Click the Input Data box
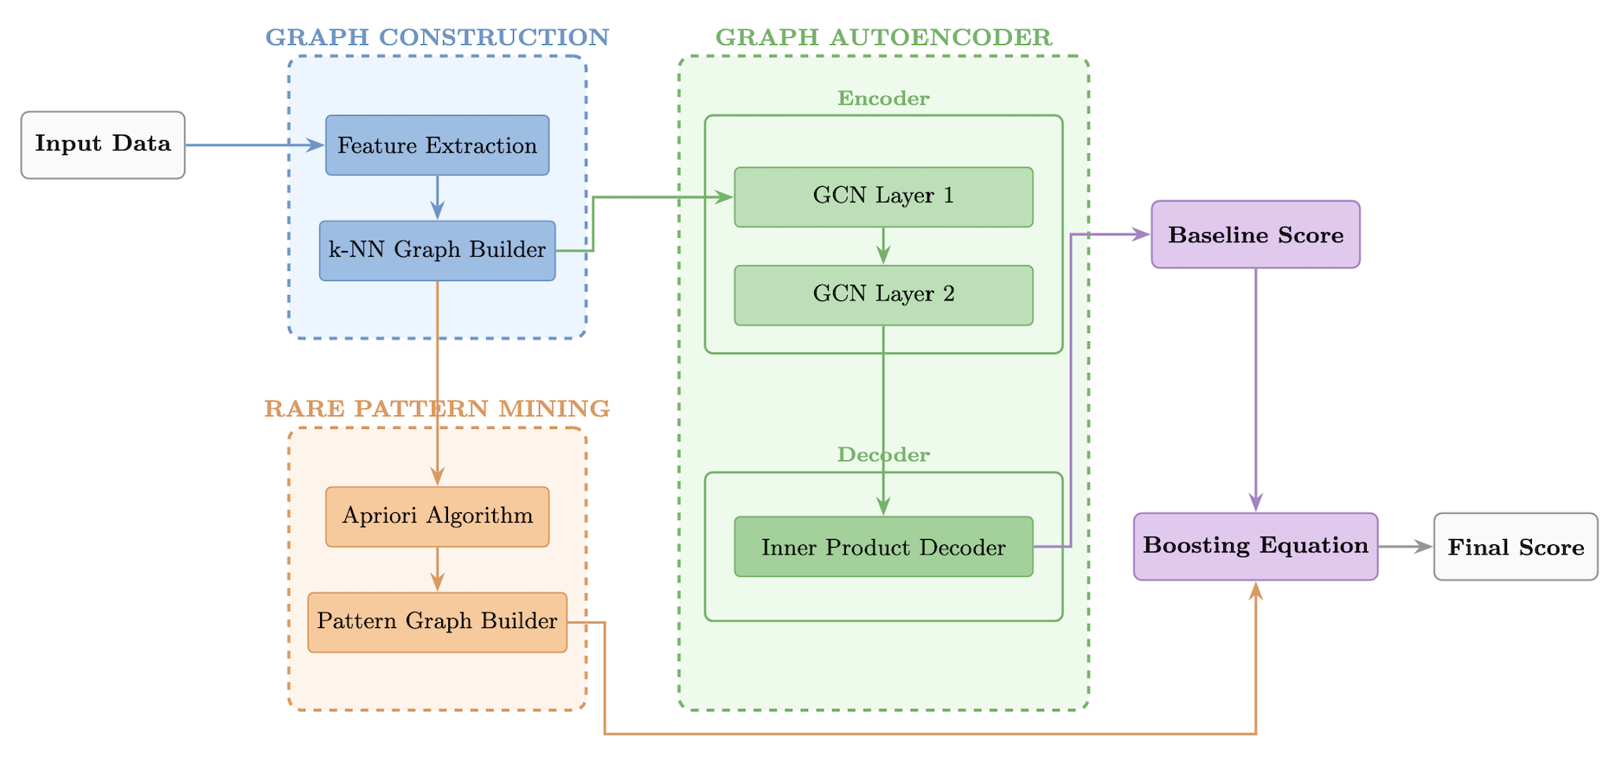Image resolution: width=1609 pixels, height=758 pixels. (103, 145)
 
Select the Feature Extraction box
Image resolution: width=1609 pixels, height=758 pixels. (437, 145)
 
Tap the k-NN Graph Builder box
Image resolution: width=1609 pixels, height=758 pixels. (437, 250)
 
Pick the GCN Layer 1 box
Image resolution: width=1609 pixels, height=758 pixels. (883, 196)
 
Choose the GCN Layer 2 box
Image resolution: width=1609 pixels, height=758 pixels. (883, 295)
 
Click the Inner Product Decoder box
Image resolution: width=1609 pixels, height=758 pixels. (883, 547)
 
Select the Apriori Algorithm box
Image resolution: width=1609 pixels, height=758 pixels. (437, 517)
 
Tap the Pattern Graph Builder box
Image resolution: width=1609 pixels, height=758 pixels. (437, 622)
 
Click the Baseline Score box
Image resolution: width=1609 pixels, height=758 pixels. (1255, 234)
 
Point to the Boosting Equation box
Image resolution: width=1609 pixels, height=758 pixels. (1255, 546)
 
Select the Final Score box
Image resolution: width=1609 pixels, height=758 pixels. (1516, 547)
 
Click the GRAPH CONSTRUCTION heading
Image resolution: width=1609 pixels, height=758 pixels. (437, 37)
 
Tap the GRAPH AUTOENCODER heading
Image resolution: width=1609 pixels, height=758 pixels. (883, 37)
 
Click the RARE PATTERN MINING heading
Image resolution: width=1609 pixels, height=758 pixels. (437, 408)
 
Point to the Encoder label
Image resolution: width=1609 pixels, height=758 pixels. (883, 99)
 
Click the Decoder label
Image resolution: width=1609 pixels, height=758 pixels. (883, 455)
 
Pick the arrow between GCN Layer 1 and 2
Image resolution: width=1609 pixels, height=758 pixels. (883, 246)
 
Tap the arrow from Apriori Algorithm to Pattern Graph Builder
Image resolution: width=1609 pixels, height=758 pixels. (437, 568)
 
